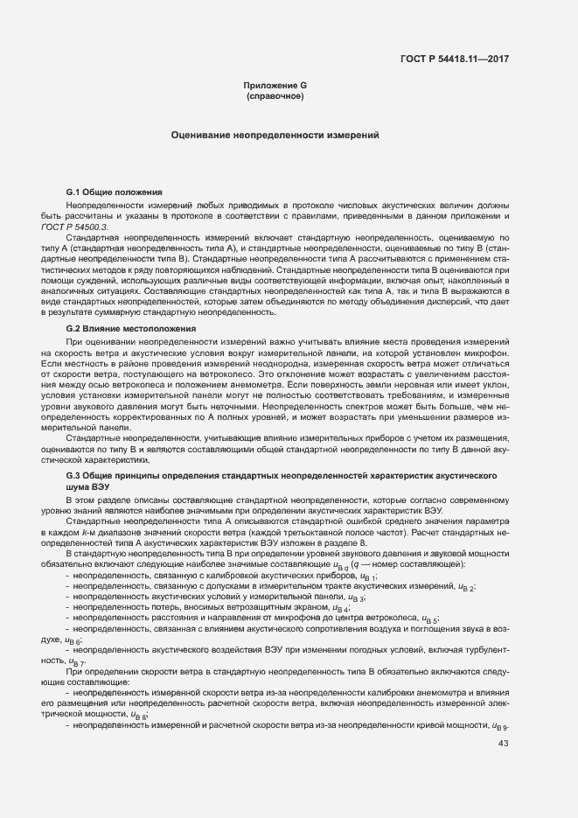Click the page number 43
(503, 744)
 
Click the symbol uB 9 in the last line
(500, 726)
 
